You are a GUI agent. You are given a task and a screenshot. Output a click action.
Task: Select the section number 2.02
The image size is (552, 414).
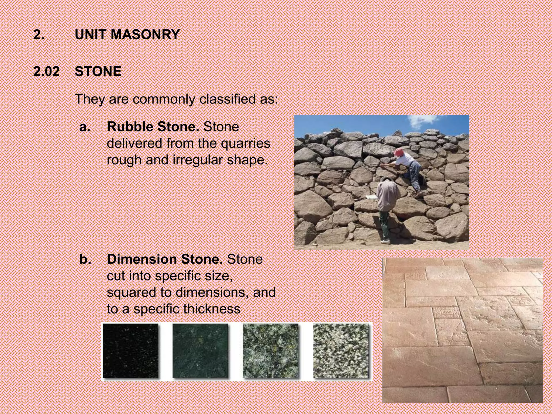[46, 72]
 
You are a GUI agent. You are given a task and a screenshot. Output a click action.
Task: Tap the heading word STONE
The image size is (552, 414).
[98, 72]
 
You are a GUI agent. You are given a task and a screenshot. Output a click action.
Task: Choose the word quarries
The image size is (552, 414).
[245, 143]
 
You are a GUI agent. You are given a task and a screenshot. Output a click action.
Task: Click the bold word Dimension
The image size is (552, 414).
[142, 259]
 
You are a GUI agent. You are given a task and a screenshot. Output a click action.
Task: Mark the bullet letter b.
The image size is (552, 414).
[85, 260]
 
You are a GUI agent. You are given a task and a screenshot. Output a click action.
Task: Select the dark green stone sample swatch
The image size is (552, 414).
[200, 351]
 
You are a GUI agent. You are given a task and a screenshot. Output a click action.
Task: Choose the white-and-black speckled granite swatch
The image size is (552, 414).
[341, 351]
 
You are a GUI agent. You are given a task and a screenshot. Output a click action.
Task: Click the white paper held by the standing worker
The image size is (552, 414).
[372, 198]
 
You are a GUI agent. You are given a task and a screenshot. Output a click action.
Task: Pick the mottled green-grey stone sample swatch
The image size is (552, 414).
[271, 351]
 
